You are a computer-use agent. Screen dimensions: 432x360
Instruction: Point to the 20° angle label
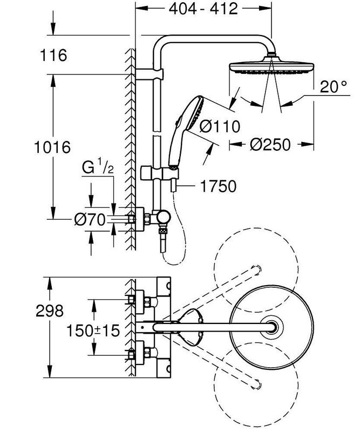pyautogui.click(x=330, y=87)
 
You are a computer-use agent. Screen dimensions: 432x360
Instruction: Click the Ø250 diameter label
pyautogui.click(x=270, y=145)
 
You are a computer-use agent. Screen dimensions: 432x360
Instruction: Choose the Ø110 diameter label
pyautogui.click(x=219, y=127)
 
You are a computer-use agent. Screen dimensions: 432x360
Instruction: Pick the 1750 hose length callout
pyautogui.click(x=217, y=187)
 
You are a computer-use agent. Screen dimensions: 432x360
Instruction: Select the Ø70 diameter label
pyautogui.click(x=89, y=220)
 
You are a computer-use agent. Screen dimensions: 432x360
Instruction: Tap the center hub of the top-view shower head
pyautogui.click(x=275, y=326)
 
